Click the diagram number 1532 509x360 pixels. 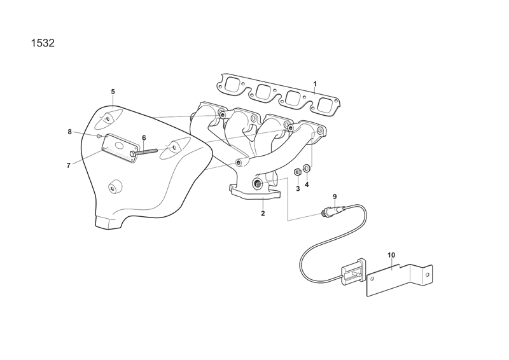pos(43,43)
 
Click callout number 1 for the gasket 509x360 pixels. pos(315,84)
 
